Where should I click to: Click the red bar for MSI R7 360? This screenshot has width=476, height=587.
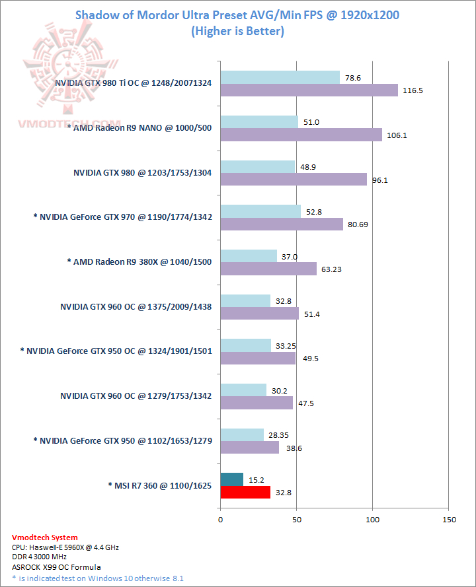click(x=245, y=492)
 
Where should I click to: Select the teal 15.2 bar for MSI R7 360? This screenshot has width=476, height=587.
click(x=231, y=479)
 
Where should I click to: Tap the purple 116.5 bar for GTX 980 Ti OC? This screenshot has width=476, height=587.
click(x=309, y=90)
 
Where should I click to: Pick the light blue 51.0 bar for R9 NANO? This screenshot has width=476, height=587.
click(x=259, y=121)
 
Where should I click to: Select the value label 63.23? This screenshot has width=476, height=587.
click(x=334, y=269)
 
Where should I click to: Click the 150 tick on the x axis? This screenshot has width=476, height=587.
click(x=448, y=519)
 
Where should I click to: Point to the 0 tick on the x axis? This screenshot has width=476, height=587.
click(x=220, y=519)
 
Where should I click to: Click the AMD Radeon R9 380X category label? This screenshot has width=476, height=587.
click(x=139, y=261)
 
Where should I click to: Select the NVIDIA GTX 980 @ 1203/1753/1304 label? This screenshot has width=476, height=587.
click(x=143, y=172)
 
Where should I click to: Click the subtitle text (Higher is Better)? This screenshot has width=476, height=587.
click(x=237, y=30)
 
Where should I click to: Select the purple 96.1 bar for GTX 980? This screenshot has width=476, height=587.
click(x=294, y=180)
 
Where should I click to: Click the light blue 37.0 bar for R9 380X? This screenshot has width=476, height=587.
click(x=249, y=256)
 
